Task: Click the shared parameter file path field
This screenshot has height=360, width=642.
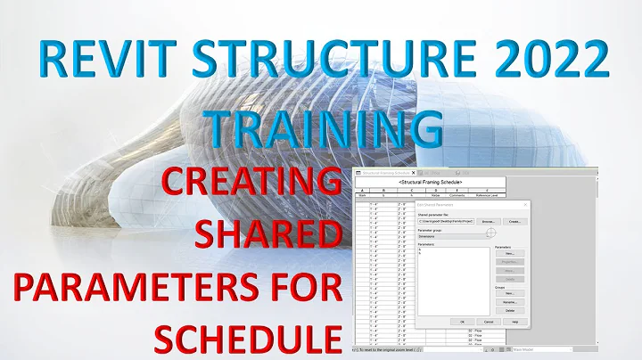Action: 445,222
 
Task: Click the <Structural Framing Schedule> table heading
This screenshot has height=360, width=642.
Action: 430,181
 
